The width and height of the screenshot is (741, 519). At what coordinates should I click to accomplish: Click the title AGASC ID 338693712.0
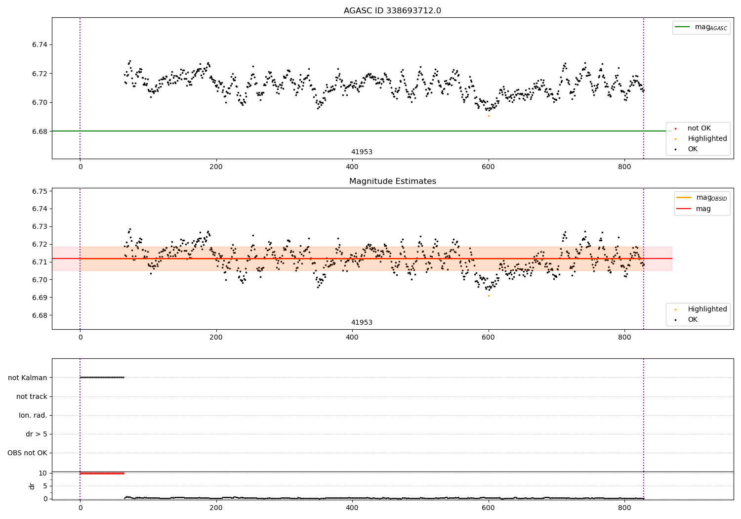click(392, 11)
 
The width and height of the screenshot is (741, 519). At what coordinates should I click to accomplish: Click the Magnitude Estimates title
click(392, 181)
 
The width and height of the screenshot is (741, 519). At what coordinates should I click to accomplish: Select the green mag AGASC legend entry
click(701, 27)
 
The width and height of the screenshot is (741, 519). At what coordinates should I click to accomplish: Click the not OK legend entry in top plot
click(699, 129)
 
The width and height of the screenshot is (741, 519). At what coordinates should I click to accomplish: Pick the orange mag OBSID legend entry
click(701, 198)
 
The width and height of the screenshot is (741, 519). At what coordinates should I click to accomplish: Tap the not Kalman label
click(28, 378)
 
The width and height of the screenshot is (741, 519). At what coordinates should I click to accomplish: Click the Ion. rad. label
click(33, 415)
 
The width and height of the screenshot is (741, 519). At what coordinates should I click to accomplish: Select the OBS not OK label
click(28, 453)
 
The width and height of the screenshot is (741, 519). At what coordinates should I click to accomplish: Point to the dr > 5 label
click(37, 434)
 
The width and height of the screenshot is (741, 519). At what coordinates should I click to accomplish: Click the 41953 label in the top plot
click(362, 152)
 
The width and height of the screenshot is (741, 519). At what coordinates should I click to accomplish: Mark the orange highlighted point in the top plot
click(489, 116)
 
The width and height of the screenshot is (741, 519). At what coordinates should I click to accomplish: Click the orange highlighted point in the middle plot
click(489, 296)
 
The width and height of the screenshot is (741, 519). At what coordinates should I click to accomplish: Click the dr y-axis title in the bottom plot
click(32, 486)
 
